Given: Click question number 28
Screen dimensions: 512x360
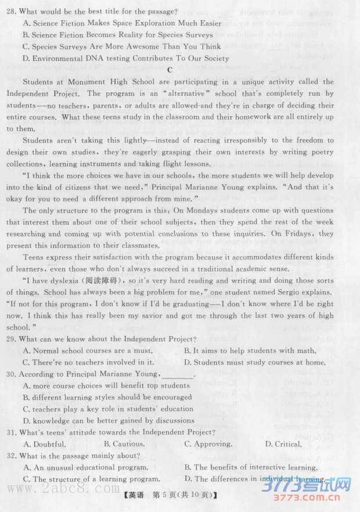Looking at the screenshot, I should (12, 12).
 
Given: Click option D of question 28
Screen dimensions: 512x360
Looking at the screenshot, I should (126, 58).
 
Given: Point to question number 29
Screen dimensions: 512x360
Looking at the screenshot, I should (12, 339).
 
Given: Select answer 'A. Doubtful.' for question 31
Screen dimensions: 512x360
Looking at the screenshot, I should (45, 444).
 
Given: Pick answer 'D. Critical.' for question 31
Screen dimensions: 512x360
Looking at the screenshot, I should (283, 444).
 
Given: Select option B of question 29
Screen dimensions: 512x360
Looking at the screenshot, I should (250, 351).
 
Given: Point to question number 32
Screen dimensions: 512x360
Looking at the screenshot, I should (12, 456).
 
